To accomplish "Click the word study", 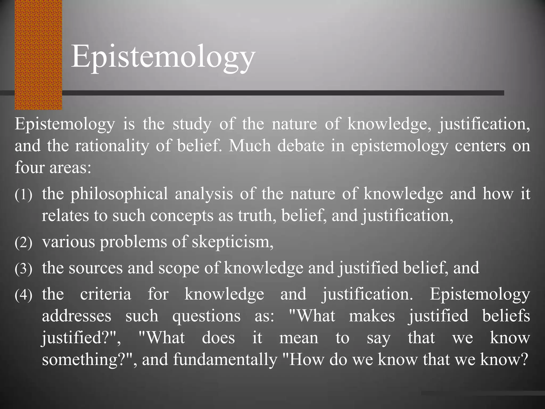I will [192, 124].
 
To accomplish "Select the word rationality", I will [112, 146].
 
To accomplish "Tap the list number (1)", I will [23, 195].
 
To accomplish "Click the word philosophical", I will [119, 194].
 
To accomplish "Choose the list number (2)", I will [23, 243].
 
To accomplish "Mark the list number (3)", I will [23, 269].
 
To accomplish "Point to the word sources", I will [96, 268].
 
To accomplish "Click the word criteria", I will [106, 294].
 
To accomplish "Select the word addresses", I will [77, 316].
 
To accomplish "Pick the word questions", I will [206, 316].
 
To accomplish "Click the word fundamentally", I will [225, 359].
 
